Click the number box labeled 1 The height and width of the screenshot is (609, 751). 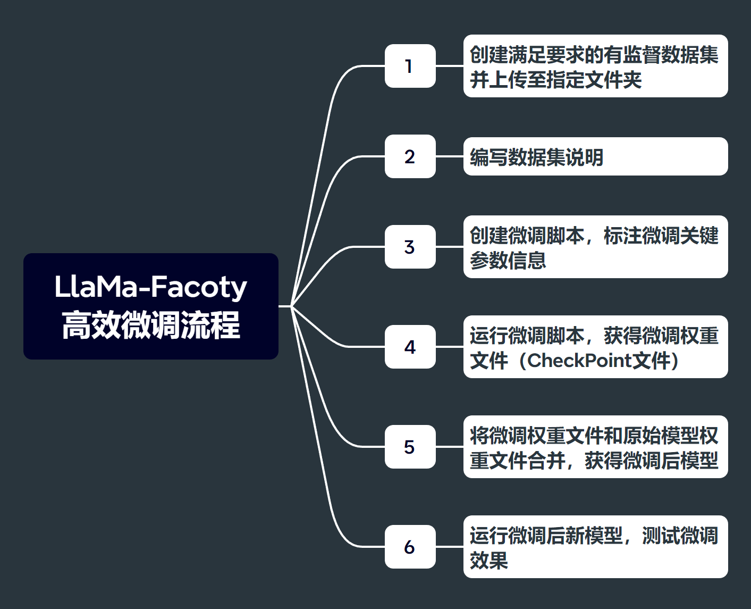coord(410,66)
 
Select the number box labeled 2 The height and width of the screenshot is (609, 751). coord(410,156)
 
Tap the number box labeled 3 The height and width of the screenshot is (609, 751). coord(410,247)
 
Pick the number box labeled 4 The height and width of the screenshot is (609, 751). coord(410,347)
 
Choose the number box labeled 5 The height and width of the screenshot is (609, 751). coord(410,447)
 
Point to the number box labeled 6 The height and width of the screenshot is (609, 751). coord(410,547)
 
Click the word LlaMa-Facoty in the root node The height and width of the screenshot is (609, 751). coord(150,287)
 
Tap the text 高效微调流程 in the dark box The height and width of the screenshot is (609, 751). coord(150,325)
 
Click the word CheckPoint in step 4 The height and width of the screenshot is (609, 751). coord(580,361)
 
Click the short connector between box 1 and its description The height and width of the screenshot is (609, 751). coord(450,66)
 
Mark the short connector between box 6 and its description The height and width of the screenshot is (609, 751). coord(450,547)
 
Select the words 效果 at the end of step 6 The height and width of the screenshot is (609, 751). coord(489,560)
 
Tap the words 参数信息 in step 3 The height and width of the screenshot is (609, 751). coord(508,260)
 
